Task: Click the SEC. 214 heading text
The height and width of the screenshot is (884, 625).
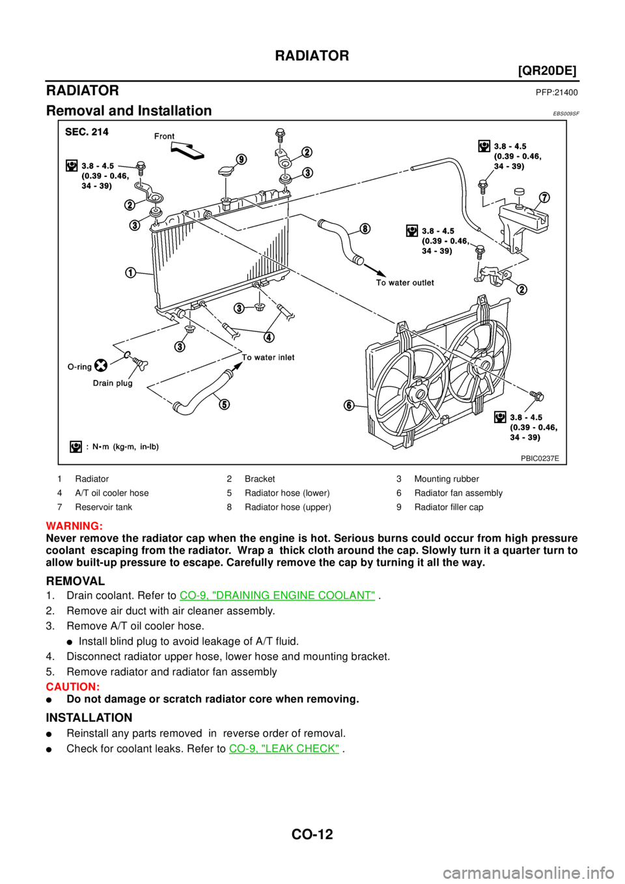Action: click(87, 131)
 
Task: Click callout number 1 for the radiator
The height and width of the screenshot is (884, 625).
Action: click(131, 272)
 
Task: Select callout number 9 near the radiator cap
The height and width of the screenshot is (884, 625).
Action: click(242, 159)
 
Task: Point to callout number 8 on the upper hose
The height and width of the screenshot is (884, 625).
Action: click(365, 228)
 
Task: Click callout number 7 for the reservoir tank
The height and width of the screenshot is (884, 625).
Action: click(544, 197)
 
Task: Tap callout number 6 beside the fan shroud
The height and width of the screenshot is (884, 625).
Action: click(350, 406)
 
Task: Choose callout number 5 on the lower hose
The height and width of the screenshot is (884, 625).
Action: click(223, 404)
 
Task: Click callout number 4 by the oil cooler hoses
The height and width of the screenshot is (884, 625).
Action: click(269, 337)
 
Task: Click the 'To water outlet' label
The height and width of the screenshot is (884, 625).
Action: click(405, 283)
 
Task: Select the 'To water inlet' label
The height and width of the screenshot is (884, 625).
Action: click(268, 357)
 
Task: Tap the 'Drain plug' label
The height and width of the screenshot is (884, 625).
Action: click(113, 383)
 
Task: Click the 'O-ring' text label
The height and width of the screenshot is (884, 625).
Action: click(79, 366)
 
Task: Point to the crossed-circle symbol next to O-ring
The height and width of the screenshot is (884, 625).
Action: click(101, 365)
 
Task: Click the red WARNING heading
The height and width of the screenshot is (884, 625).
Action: click(74, 526)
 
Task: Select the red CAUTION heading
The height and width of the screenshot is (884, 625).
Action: click(72, 687)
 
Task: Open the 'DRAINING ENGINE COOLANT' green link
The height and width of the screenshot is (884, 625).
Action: click(277, 595)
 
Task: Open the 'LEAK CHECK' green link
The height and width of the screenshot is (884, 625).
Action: click(285, 749)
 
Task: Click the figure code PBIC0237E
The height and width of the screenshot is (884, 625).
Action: click(540, 458)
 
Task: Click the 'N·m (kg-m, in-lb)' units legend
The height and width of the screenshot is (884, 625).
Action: click(122, 447)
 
